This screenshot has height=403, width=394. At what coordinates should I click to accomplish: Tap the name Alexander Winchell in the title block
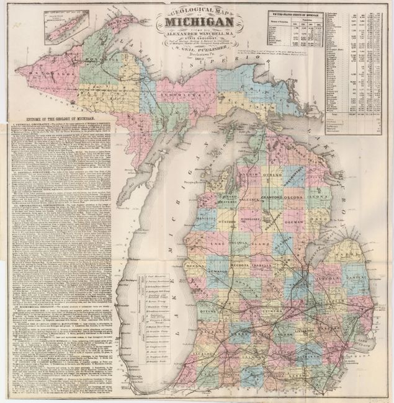coord(197,45)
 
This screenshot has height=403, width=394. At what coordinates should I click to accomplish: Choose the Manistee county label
coord(184,220)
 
